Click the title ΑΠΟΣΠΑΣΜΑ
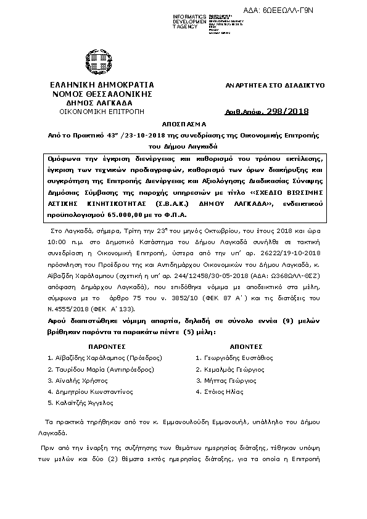click(183, 123)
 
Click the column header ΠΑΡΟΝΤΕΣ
click(106, 346)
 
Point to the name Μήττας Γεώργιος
click(229, 380)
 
